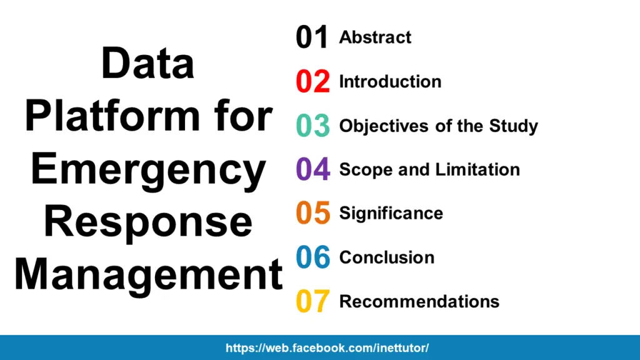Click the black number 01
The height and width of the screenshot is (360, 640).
point(312,37)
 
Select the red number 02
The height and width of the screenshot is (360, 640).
point(312,82)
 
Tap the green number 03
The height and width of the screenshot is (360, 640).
point(312,126)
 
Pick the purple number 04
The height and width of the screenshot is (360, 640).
point(312,169)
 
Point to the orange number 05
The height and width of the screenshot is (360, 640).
point(312,213)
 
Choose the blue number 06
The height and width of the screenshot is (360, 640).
point(312,257)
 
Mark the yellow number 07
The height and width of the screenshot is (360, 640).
point(312,301)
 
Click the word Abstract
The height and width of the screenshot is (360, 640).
point(375,37)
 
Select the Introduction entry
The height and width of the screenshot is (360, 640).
point(390,82)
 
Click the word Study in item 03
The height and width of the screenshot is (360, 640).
point(513,127)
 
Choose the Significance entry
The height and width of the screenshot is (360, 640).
point(391,214)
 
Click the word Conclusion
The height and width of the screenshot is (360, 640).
point(386,257)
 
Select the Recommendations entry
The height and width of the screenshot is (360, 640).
point(419,301)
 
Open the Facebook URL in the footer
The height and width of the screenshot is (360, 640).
point(327,348)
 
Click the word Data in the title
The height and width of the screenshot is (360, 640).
point(147,64)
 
